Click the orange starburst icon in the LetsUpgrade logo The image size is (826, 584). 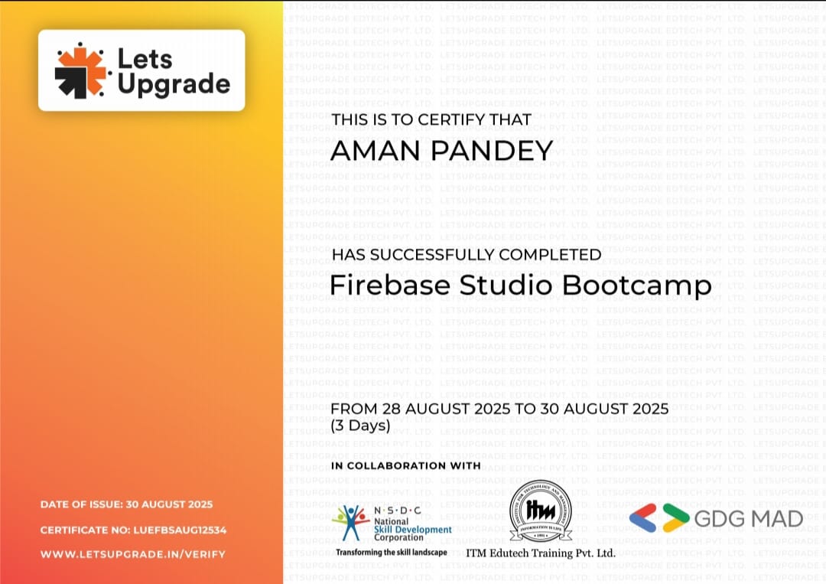(80, 70)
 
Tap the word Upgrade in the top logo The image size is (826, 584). (174, 84)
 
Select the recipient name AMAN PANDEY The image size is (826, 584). (441, 151)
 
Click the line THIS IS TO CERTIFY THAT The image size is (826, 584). (431, 119)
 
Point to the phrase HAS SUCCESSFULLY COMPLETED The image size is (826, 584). (466, 255)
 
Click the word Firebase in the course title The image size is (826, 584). (389, 285)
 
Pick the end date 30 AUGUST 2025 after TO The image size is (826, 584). (604, 409)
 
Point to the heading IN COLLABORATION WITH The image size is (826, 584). (405, 465)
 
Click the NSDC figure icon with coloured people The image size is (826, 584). (351, 523)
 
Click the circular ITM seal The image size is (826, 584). (540, 511)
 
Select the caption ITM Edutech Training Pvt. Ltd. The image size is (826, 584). (540, 553)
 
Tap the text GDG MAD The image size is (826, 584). (748, 519)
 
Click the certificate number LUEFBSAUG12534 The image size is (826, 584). (180, 530)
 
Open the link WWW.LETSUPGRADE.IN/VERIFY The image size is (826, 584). (133, 553)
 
